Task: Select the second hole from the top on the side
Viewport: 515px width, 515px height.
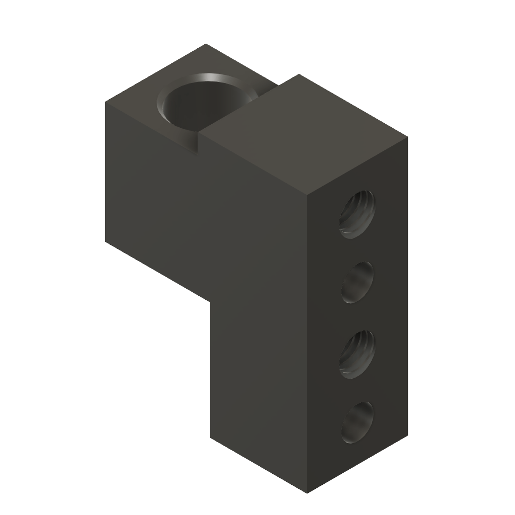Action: click(358, 282)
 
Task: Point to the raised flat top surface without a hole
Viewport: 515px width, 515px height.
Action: click(302, 136)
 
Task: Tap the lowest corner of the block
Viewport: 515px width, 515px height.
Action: click(308, 492)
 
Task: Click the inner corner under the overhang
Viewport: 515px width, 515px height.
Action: click(210, 301)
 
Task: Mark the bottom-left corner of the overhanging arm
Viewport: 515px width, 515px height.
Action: click(105, 242)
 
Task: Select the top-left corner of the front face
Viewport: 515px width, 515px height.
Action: click(105, 103)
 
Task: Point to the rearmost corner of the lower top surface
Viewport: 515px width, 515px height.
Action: click(206, 44)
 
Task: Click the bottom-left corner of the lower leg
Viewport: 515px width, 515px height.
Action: click(210, 437)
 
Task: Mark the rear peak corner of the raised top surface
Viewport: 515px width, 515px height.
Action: click(300, 74)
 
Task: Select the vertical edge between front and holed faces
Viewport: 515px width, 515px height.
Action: click(308, 342)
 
